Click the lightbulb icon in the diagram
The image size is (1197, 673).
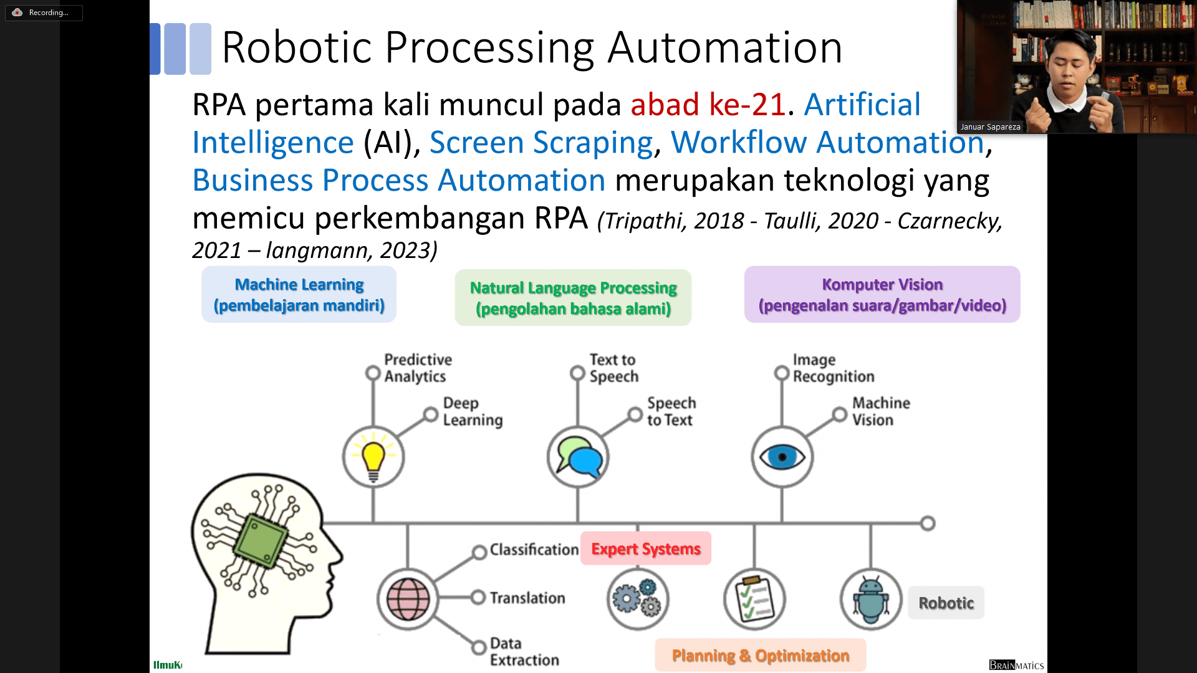pyautogui.click(x=373, y=457)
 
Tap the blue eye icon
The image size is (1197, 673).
pyautogui.click(x=782, y=457)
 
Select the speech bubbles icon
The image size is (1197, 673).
pyautogui.click(x=578, y=457)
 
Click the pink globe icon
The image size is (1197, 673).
pyautogui.click(x=408, y=599)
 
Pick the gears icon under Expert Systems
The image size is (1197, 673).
pyautogui.click(x=637, y=599)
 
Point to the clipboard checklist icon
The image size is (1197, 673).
pyautogui.click(x=754, y=599)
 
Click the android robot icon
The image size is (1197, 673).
pyautogui.click(x=870, y=599)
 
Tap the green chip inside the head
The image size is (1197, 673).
pyautogui.click(x=261, y=539)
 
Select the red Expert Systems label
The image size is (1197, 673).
pyautogui.click(x=645, y=548)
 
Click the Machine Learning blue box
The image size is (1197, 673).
pyautogui.click(x=299, y=295)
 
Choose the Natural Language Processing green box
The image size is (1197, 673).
pyautogui.click(x=573, y=298)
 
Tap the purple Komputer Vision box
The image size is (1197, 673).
pyautogui.click(x=882, y=295)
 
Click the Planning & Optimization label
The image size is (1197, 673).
pyautogui.click(x=760, y=656)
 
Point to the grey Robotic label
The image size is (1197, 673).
pyautogui.click(x=946, y=603)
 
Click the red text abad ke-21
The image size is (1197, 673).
pyautogui.click(x=708, y=105)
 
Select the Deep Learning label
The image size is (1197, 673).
pyautogui.click(x=473, y=411)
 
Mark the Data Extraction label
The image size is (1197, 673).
pyautogui.click(x=524, y=651)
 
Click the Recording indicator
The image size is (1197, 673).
pyautogui.click(x=44, y=12)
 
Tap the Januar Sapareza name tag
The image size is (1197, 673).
pyautogui.click(x=990, y=126)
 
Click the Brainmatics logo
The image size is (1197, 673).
pyautogui.click(x=1016, y=665)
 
